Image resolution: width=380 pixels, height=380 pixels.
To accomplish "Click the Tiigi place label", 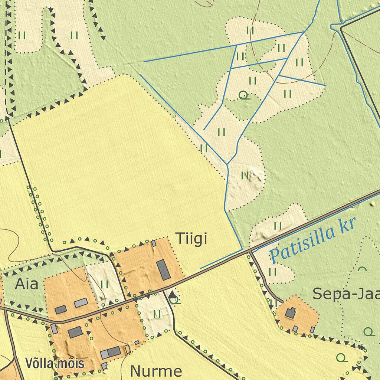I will (191, 239).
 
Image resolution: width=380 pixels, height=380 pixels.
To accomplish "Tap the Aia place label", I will (27, 284).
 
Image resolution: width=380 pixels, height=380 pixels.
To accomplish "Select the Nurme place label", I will (156, 371).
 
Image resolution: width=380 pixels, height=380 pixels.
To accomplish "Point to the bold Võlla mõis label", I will (55, 363).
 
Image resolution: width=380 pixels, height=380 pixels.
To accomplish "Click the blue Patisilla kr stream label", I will (312, 240).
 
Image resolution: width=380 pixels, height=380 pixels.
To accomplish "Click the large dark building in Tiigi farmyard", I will (163, 270).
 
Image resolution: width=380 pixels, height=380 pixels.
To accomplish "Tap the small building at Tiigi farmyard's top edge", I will (154, 243).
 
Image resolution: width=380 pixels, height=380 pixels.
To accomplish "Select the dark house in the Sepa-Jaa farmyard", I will (290, 313).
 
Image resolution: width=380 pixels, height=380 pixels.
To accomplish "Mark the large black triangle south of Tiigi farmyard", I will (173, 295).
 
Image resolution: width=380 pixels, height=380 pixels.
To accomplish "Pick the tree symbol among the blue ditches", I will (244, 95).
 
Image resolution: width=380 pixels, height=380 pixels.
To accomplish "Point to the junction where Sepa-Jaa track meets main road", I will (250, 252).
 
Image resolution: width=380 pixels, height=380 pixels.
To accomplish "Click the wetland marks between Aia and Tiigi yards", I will (105, 285).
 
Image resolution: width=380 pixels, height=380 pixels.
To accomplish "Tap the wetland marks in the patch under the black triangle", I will (157, 314).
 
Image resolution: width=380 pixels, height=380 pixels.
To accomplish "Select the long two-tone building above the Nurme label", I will (111, 353).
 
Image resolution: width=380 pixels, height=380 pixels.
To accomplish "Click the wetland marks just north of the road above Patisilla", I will (278, 226).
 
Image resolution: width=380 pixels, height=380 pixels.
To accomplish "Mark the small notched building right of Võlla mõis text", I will (104, 366).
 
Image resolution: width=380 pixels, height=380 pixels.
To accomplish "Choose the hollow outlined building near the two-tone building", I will (128, 349).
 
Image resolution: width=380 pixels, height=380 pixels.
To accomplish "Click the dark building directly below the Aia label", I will (60, 309).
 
